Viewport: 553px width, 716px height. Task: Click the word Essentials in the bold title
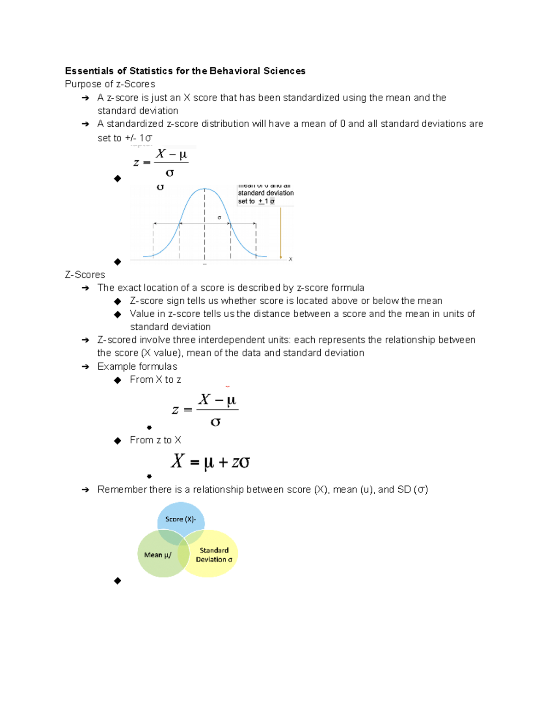point(89,71)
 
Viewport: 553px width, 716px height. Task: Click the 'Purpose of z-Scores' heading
point(110,84)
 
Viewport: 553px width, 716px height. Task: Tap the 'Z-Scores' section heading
point(85,275)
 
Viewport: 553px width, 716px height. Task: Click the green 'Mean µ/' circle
point(157,555)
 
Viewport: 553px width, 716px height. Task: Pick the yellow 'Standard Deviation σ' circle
point(214,555)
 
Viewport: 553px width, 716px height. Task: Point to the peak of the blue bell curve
point(205,189)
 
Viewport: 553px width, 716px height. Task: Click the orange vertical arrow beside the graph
point(281,233)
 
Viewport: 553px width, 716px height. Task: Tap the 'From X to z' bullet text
point(155,379)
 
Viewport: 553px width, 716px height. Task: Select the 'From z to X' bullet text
point(155,440)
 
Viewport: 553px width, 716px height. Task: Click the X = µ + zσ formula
point(210,462)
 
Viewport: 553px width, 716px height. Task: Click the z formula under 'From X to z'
point(205,409)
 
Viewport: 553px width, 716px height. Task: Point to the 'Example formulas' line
point(137,367)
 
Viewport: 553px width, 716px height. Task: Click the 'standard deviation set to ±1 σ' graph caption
point(265,197)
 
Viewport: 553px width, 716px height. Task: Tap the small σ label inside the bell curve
point(219,218)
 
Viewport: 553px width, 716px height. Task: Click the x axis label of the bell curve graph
point(290,259)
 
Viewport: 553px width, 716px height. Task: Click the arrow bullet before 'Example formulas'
point(85,367)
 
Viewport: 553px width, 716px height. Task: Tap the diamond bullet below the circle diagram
point(118,581)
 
